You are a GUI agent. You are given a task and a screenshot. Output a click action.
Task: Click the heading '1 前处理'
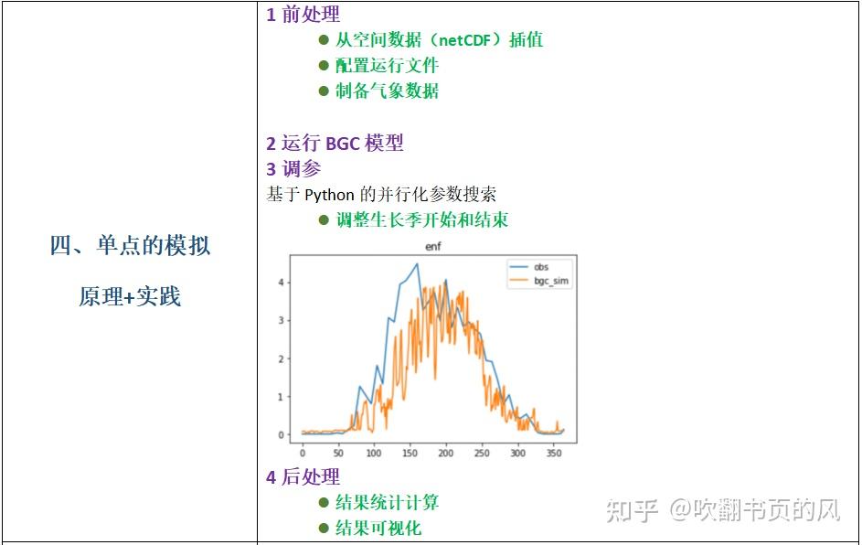coord(303,15)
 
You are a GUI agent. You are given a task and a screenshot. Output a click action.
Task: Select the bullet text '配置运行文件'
coord(387,65)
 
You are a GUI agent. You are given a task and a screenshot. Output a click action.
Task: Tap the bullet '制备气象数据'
coord(387,91)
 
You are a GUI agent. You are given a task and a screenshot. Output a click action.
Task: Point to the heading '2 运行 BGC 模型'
coord(335,143)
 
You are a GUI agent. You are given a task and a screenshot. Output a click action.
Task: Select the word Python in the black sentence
coord(330,194)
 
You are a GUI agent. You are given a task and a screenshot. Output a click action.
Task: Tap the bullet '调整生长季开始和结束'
coord(421,219)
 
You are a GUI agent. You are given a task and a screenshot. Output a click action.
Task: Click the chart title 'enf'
coord(433,247)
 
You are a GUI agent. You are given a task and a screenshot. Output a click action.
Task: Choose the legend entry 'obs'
coord(541,267)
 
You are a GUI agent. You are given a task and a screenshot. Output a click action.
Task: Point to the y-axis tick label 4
coord(282,283)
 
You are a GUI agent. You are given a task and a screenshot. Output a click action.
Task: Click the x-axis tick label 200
coord(445,453)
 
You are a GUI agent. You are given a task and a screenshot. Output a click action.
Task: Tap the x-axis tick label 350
coord(553,453)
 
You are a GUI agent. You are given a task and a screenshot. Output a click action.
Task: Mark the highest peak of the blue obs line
coord(417,264)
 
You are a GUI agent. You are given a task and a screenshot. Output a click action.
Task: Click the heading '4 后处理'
coord(303,476)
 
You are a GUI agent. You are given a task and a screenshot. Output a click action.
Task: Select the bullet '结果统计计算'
coord(387,502)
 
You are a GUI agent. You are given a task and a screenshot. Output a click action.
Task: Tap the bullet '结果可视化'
coord(378,528)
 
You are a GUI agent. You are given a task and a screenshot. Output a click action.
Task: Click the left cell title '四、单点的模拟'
coord(130,245)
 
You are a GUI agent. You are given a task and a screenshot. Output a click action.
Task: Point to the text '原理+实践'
coord(130,296)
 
